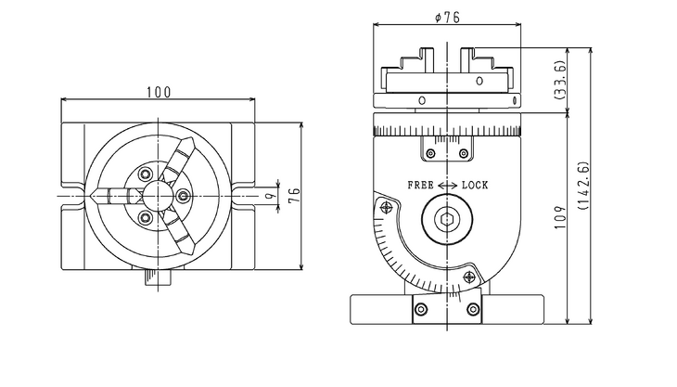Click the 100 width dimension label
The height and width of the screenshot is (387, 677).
158,92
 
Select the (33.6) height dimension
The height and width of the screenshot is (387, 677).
560,81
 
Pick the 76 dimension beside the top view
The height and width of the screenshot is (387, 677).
296,195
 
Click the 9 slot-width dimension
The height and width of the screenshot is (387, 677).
269,196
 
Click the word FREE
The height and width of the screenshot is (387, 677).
420,186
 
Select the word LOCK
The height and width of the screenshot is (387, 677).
475,186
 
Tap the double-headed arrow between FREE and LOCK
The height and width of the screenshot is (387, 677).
447,186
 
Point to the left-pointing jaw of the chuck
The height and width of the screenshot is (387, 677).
109,196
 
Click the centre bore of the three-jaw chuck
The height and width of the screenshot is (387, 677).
156,196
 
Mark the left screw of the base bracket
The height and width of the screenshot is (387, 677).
421,309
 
